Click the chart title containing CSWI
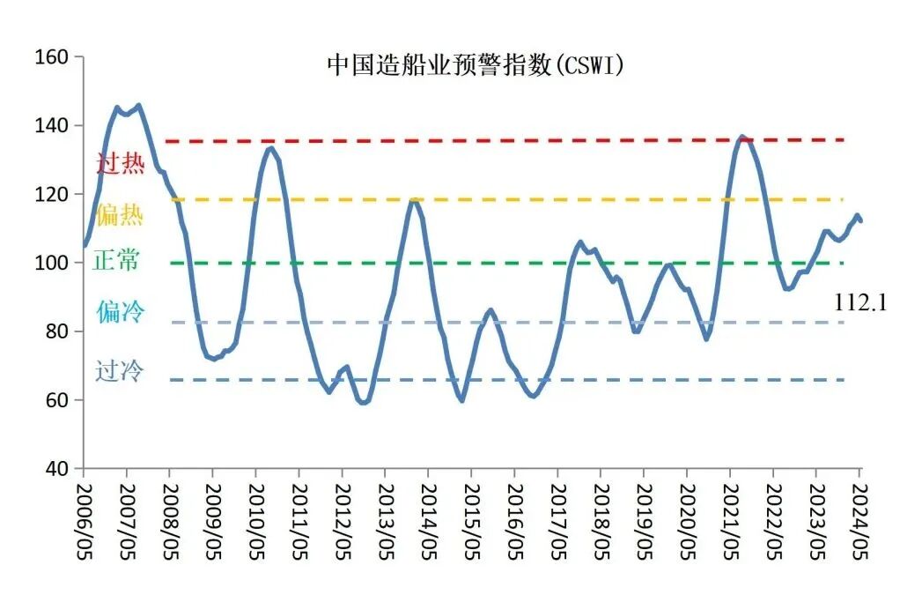476,65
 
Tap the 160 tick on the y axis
53,57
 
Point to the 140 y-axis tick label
53,126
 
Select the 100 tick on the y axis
53,263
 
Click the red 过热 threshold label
120,163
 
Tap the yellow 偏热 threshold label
120,214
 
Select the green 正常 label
115,262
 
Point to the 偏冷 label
121,311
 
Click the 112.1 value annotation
860,303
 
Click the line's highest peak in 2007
138,106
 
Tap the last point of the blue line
860,221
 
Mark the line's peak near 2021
742,137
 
